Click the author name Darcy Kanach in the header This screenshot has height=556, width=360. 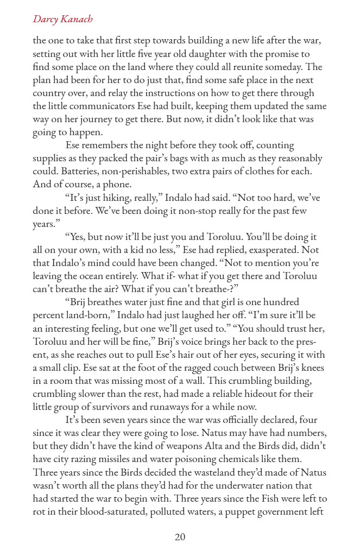pyautogui.click(x=62, y=20)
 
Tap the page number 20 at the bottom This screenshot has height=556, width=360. pyautogui.click(x=180, y=537)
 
